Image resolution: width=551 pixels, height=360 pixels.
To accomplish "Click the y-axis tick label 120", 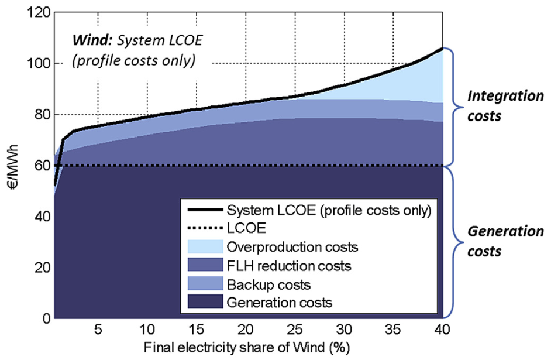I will [37, 12].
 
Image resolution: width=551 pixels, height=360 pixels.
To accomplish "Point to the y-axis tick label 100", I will [37, 63].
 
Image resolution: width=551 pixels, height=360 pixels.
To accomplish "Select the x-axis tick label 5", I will [99, 329].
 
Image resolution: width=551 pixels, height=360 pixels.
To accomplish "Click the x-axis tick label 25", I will [296, 329].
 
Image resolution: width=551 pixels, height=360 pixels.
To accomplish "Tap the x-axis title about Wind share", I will [249, 348].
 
